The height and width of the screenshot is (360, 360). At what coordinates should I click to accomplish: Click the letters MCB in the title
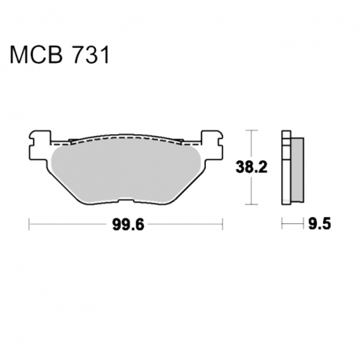click(36, 55)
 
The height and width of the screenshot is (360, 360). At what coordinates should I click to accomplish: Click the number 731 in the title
click(91, 55)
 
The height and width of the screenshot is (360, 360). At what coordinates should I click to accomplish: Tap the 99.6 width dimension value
click(128, 225)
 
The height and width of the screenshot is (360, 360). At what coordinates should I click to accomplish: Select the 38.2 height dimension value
click(252, 167)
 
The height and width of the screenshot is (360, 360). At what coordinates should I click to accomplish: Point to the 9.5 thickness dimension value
click(319, 224)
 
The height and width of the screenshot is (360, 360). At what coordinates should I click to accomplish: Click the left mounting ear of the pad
click(40, 145)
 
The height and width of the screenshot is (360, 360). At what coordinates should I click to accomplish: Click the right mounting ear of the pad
click(211, 145)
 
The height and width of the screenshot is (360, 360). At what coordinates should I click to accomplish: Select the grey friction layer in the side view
click(297, 170)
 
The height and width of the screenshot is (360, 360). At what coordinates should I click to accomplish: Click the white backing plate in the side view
click(286, 167)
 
